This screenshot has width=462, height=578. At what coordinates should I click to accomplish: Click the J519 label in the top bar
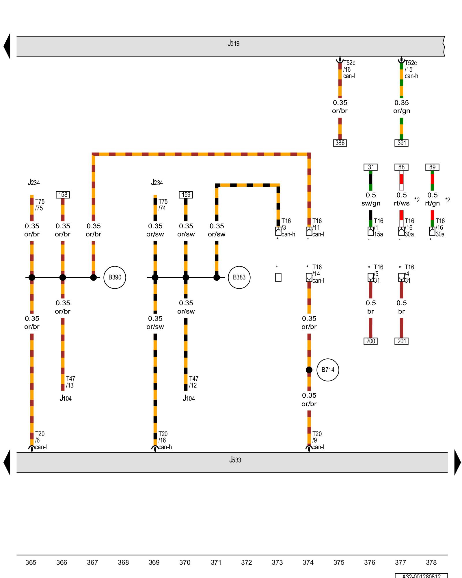233,43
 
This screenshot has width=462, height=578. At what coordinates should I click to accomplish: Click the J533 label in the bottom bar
235,460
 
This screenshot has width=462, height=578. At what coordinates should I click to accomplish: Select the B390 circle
115,277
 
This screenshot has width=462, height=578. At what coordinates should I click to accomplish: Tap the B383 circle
239,277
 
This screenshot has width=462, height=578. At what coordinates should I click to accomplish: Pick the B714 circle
328,370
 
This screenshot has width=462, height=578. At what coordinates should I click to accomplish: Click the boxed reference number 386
340,143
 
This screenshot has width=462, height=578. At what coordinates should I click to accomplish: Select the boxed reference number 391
401,143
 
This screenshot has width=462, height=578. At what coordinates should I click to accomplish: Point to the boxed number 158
63,195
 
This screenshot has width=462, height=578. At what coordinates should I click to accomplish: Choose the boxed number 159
186,195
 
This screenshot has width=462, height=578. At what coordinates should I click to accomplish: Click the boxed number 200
370,341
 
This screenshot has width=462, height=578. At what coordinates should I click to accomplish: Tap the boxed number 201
401,341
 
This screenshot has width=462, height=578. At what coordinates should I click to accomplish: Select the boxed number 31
370,167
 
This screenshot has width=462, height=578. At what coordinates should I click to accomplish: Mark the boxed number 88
401,167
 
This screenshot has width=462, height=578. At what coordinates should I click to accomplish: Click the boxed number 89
432,167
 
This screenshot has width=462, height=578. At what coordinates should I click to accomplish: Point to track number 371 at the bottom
216,562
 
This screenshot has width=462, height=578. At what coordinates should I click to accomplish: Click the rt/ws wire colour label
401,203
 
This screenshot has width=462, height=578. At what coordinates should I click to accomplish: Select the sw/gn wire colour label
371,203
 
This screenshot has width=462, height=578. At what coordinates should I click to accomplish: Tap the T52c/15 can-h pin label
411,69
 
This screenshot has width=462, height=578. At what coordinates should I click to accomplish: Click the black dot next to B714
309,370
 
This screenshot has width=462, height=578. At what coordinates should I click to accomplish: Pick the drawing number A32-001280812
421,576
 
